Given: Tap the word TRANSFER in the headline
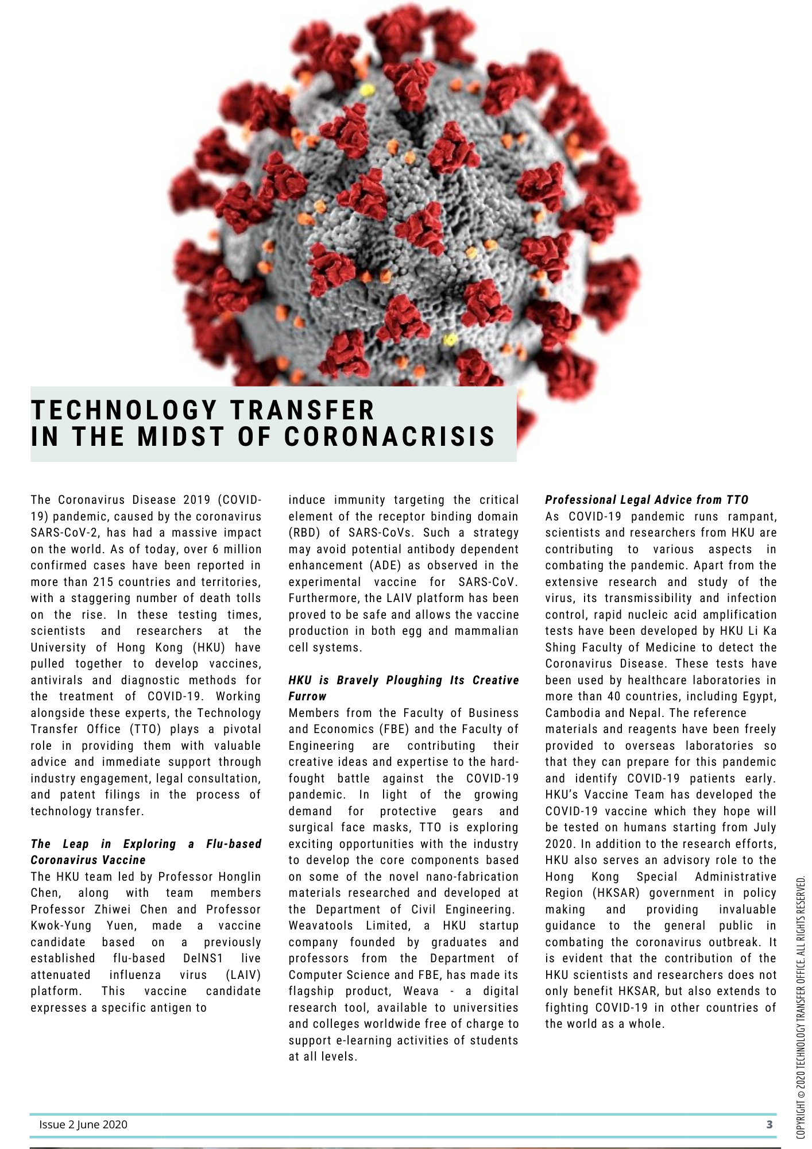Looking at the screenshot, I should pos(302,410).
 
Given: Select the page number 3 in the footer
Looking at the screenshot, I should pos(770,1124).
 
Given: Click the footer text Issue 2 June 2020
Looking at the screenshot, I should pos(83,1124).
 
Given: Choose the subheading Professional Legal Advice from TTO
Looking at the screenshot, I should pos(647,500).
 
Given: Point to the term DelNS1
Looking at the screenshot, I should pos(203,958).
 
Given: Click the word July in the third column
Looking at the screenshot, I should pos(764,827).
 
